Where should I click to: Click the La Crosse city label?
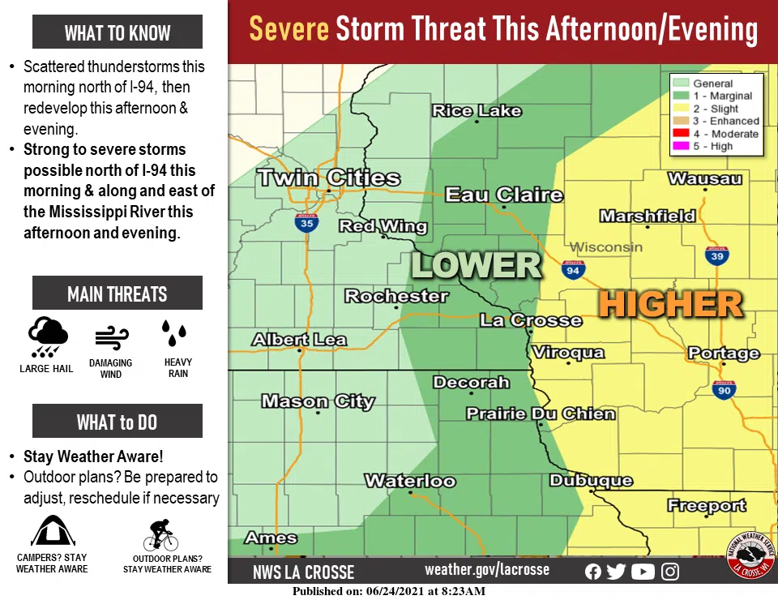click(531, 320)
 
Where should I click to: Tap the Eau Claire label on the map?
click(503, 195)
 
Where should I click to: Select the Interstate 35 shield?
click(306, 223)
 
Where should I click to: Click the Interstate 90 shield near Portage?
click(724, 390)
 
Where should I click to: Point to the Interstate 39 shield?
click(716, 256)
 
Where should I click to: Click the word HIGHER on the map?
click(671, 305)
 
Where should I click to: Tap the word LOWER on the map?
click(477, 265)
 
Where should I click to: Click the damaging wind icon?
click(111, 338)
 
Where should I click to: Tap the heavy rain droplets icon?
click(174, 333)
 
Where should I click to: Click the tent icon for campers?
click(52, 533)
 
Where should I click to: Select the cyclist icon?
click(160, 536)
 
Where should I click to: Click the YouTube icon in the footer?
click(643, 572)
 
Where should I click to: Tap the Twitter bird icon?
click(616, 572)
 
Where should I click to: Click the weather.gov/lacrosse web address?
click(486, 569)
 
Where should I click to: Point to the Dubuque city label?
click(591, 481)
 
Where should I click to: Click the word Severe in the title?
click(289, 30)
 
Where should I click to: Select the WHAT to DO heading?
click(118, 422)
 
